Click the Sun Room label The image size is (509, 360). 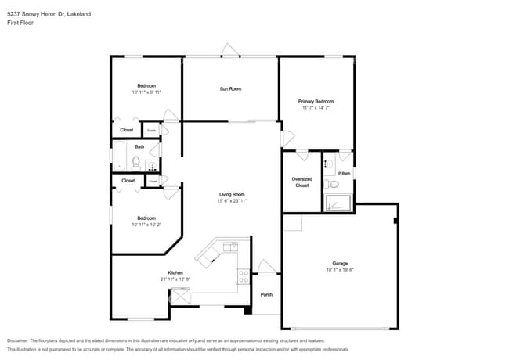coord(230,89)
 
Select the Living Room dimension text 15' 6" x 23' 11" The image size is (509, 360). coord(232,201)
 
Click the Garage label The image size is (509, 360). coord(340,263)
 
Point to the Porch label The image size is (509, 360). coord(266,295)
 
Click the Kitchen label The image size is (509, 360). coord(175,273)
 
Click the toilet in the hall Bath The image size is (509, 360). coord(136,164)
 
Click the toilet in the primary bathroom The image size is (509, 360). coord(334,185)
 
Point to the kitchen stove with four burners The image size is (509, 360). coord(244,276)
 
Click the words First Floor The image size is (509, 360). coord(20,23)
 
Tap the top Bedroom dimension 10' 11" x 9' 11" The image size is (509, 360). coord(146,92)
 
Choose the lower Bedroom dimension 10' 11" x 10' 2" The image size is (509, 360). coord(146,225)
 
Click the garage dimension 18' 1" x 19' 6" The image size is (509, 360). coord(340,270)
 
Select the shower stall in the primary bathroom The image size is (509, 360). coord(338,203)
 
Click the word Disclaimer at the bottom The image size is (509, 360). coord(17,341)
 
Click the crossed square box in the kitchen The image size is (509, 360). coord(181,297)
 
